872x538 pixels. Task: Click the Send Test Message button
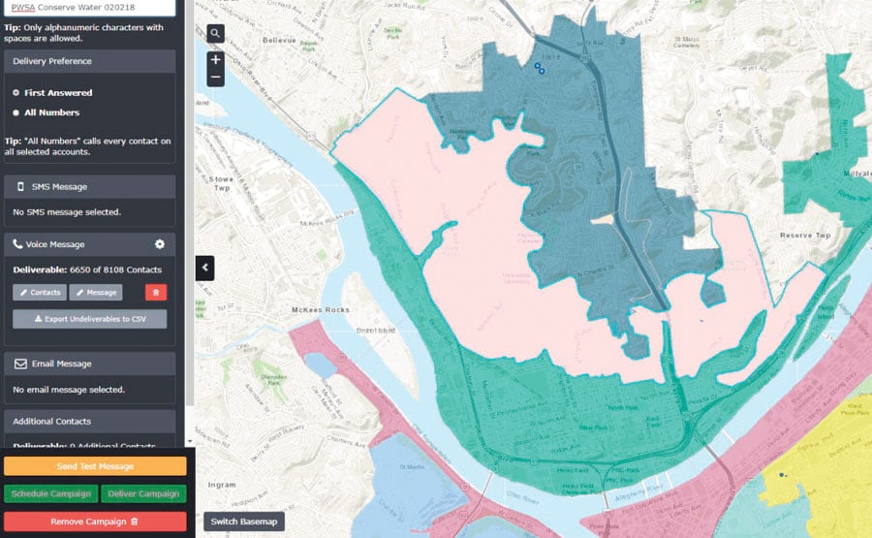pyautogui.click(x=94, y=466)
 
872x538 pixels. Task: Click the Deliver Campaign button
pyautogui.click(x=142, y=493)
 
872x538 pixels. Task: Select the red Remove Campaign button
pyautogui.click(x=94, y=522)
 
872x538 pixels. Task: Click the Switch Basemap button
pyautogui.click(x=244, y=522)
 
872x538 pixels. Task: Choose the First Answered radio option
pyautogui.click(x=16, y=93)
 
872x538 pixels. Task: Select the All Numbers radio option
pyautogui.click(x=16, y=112)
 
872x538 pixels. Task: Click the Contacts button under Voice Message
pyautogui.click(x=40, y=292)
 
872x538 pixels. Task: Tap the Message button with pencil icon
pyautogui.click(x=96, y=292)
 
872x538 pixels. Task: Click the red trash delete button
pyautogui.click(x=155, y=292)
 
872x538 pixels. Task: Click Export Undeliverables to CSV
pyautogui.click(x=89, y=319)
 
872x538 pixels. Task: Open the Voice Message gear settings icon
pyautogui.click(x=160, y=244)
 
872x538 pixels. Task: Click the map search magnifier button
pyautogui.click(x=215, y=34)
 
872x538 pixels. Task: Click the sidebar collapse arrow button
pyautogui.click(x=205, y=268)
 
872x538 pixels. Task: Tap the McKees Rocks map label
pyautogui.click(x=320, y=310)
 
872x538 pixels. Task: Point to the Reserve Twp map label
pyautogui.click(x=805, y=236)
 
